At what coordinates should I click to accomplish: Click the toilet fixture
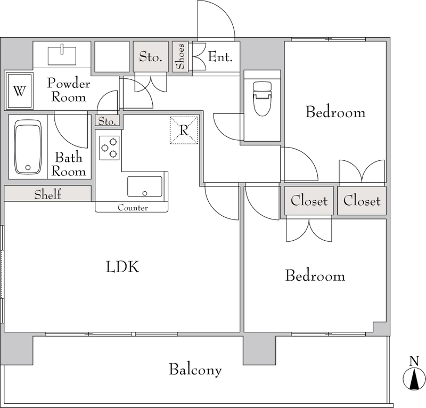click(x=262, y=99)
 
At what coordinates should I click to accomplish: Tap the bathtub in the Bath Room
click(x=28, y=147)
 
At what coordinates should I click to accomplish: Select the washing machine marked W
click(x=19, y=91)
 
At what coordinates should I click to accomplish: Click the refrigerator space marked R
click(x=184, y=130)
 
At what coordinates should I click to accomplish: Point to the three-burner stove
click(x=109, y=148)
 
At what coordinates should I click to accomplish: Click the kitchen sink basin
click(x=145, y=186)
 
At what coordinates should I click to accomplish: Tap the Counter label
click(x=133, y=208)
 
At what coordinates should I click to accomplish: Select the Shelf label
click(x=47, y=194)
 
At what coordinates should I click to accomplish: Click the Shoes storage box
click(x=180, y=56)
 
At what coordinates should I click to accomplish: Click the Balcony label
click(x=195, y=370)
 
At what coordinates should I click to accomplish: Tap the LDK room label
click(x=122, y=267)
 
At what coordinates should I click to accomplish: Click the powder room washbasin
click(x=62, y=56)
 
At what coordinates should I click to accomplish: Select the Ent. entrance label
click(x=220, y=57)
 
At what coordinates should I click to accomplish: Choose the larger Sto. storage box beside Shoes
click(x=151, y=56)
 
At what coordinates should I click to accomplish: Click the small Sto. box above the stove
click(x=108, y=120)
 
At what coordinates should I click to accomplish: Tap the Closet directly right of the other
click(x=362, y=201)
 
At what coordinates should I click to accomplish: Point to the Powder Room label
click(x=69, y=90)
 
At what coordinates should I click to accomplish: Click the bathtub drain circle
click(x=28, y=168)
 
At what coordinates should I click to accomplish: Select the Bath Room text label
click(x=69, y=165)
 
